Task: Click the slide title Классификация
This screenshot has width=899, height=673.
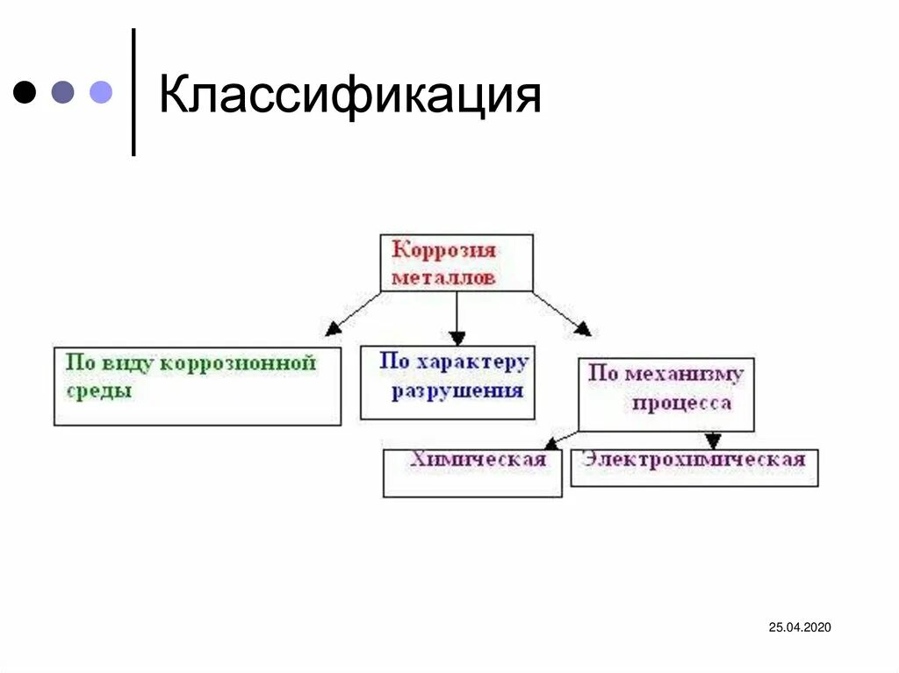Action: pos(349,96)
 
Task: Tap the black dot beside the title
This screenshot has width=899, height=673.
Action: pos(25,92)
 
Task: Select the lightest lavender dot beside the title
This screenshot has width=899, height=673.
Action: pos(101,92)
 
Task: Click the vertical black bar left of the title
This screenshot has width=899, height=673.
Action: pos(133,92)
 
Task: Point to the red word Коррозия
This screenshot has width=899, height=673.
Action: pos(444,250)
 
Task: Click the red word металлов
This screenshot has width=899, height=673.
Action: pos(444,277)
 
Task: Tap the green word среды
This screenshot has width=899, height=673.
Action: pos(98,390)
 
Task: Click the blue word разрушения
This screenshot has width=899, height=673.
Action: pos(457,390)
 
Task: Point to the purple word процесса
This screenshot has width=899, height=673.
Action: pos(681,403)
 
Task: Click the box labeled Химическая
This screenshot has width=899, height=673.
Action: pos(472,473)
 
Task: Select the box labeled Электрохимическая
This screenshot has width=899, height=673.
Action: pos(694,467)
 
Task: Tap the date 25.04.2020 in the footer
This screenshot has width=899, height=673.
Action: pos(799,626)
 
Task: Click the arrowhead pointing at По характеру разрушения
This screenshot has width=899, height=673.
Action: pos(457,337)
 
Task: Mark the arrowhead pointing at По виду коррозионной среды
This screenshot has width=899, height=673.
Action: pos(333,329)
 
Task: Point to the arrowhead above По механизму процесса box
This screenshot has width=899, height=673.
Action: pos(582,329)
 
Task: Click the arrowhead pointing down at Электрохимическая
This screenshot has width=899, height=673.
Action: pos(713,440)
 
